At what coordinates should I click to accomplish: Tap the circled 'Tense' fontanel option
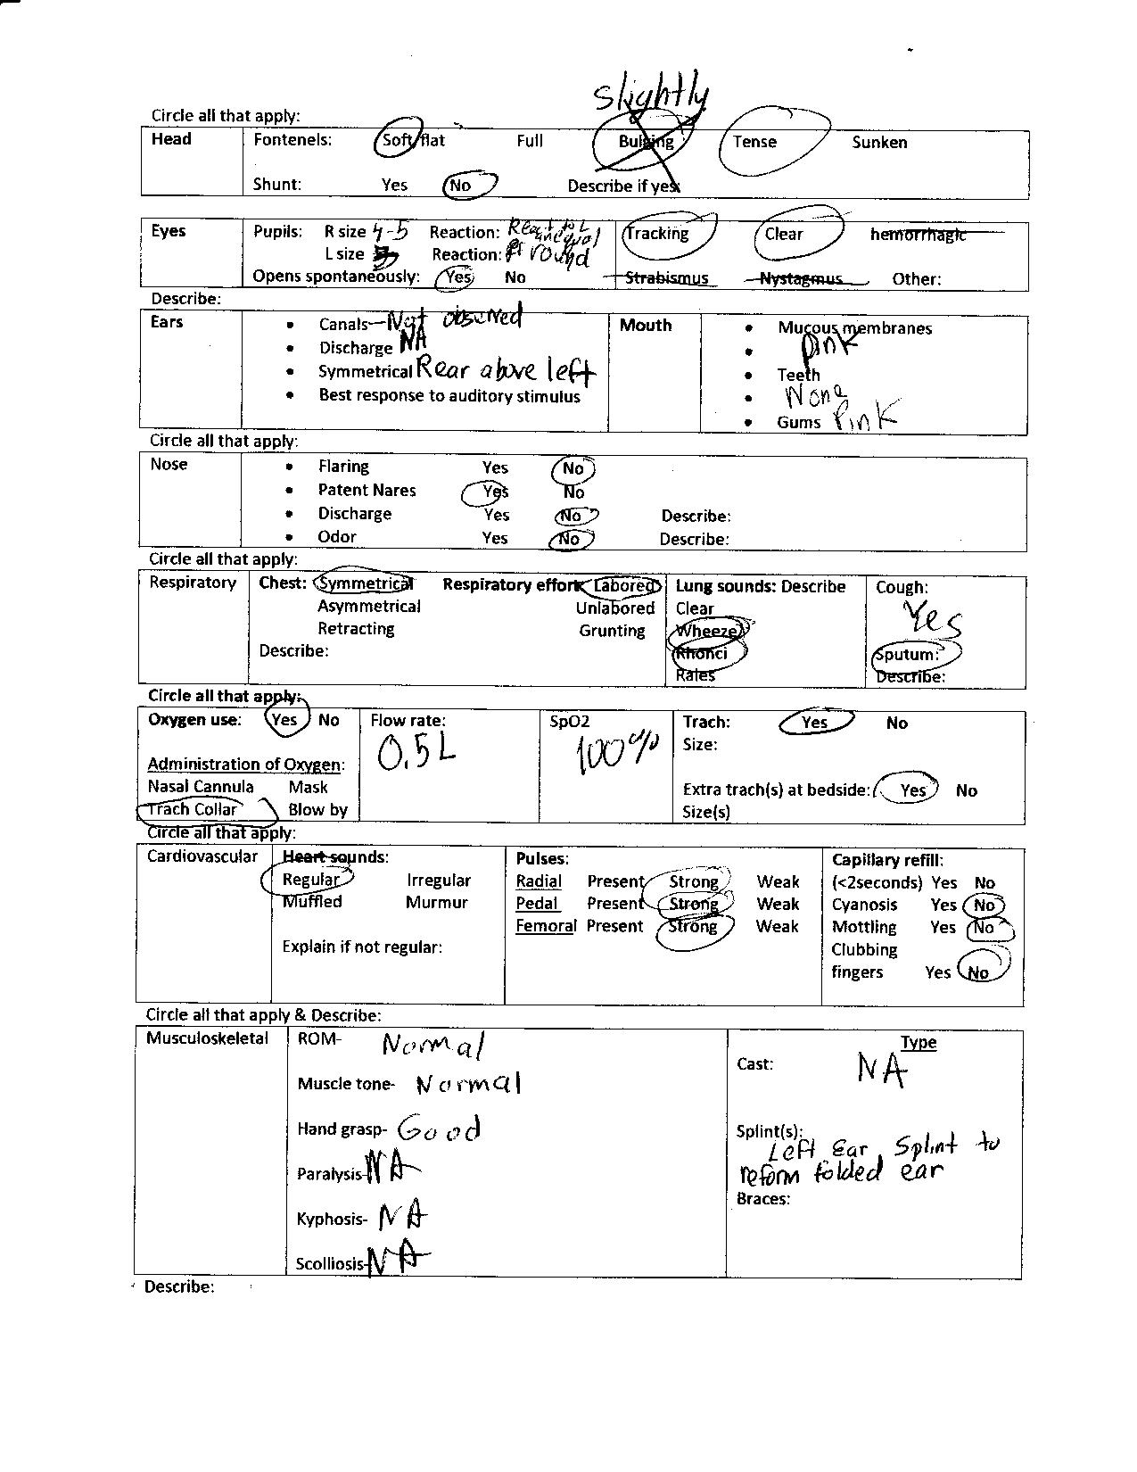(754, 142)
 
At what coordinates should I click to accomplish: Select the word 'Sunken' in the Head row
(879, 142)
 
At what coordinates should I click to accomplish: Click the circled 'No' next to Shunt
(461, 186)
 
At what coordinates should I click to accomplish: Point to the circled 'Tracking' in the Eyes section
(658, 234)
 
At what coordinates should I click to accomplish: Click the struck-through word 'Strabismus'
(666, 277)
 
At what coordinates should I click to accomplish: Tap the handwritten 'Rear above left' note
(505, 368)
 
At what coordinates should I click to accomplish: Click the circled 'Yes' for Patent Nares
(494, 492)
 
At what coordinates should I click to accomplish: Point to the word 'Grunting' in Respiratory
(612, 631)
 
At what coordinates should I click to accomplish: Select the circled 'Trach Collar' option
(193, 809)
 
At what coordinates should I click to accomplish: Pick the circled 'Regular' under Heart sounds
(310, 880)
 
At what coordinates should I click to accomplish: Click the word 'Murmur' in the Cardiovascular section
(437, 902)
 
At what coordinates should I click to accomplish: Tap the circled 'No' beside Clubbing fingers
(979, 972)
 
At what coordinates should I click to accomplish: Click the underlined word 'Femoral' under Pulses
(546, 926)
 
